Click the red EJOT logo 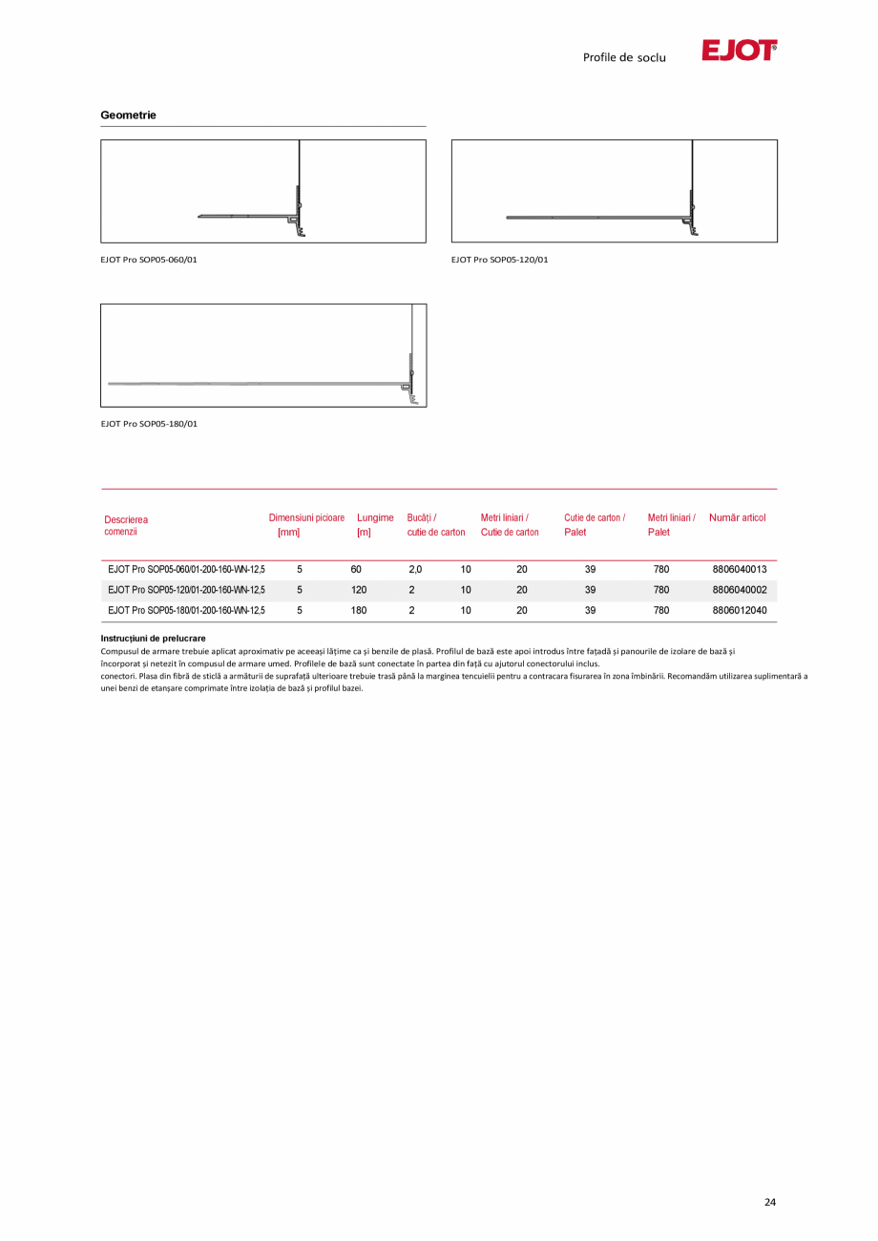tap(739, 51)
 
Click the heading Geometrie tap(128, 116)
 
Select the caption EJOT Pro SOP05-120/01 tap(499, 260)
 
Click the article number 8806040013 tap(740, 569)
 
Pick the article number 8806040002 tap(740, 590)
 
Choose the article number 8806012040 tap(740, 610)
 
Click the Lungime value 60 tap(356, 569)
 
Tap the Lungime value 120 tap(359, 590)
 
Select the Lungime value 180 tap(359, 610)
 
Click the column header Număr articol tap(738, 517)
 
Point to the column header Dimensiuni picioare tap(306, 517)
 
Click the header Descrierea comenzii tap(126, 525)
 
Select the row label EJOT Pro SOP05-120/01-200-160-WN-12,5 tap(186, 590)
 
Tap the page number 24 tap(770, 1202)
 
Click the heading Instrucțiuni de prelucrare tap(153, 638)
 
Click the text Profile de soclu tap(624, 57)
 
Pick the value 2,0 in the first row tap(415, 569)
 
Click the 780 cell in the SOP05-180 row tap(661, 610)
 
